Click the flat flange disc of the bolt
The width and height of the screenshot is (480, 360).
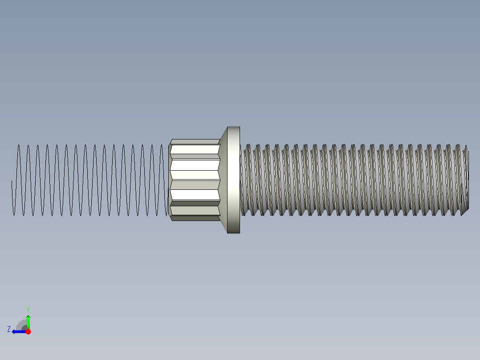tap(234, 180)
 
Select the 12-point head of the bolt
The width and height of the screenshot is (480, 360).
tap(195, 180)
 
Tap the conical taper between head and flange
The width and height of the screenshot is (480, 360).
tap(224, 180)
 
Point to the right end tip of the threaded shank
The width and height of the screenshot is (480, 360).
tap(467, 180)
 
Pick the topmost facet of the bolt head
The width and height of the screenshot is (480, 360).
tap(195, 142)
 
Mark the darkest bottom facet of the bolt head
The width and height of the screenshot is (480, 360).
tap(195, 218)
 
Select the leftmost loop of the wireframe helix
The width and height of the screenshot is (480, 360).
tap(18, 180)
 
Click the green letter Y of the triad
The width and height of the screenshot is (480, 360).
tap(28, 309)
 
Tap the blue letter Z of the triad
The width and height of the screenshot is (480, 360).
tap(9, 329)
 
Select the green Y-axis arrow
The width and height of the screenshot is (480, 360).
tap(28, 322)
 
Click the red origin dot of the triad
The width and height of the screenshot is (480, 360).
tap(28, 331)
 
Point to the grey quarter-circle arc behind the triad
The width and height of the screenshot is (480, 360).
tap(20, 324)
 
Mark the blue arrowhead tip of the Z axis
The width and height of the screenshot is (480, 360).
tap(13, 331)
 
